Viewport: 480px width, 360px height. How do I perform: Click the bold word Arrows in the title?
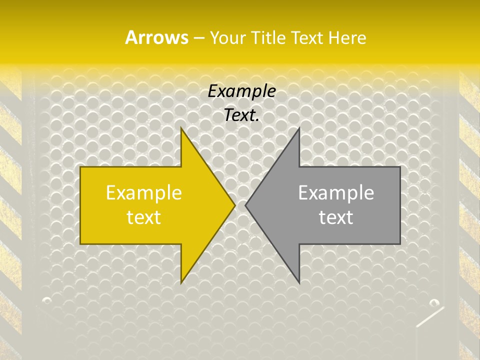tap(156, 37)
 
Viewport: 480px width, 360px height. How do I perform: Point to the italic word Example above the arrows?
tap(242, 91)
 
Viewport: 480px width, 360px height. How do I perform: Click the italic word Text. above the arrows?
tap(242, 115)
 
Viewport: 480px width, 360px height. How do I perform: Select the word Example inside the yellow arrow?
tap(144, 193)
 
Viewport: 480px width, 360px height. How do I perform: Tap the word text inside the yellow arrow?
tap(144, 217)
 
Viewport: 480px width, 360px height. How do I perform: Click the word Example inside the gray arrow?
tap(336, 193)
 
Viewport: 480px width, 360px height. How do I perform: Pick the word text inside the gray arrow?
tap(336, 217)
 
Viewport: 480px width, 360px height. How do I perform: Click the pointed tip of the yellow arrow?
tap(234, 205)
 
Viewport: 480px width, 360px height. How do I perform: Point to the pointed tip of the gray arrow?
tap(246, 205)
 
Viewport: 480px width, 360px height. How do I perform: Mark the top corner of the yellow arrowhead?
tap(181, 128)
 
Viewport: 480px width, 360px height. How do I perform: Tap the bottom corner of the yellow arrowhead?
tap(181, 282)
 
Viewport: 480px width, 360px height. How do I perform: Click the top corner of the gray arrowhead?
tap(299, 128)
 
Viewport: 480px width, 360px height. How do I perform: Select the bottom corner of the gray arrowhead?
tap(299, 282)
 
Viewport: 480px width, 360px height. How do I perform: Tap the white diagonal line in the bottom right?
tap(429, 317)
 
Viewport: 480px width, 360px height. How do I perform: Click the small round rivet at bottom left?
tap(46, 300)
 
